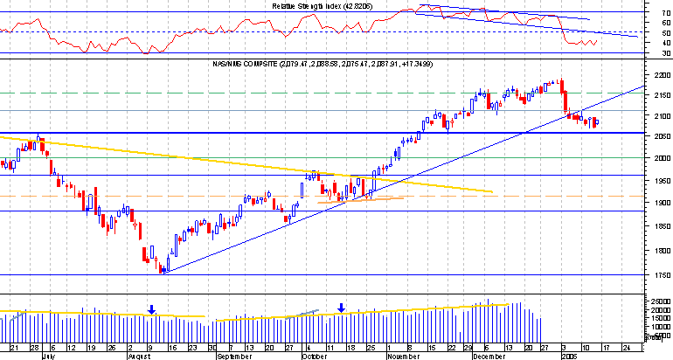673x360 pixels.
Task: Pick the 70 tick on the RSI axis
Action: pyautogui.click(x=664, y=14)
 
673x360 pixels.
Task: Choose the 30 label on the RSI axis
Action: pyautogui.click(x=664, y=53)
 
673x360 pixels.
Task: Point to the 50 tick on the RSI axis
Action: pyautogui.click(x=664, y=33)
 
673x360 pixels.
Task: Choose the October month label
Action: pyautogui.click(x=314, y=357)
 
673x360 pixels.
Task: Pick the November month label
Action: pyautogui.click(x=403, y=357)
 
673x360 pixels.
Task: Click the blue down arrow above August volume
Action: pyautogui.click(x=151, y=308)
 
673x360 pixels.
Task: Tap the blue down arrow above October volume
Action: pyautogui.click(x=342, y=308)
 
